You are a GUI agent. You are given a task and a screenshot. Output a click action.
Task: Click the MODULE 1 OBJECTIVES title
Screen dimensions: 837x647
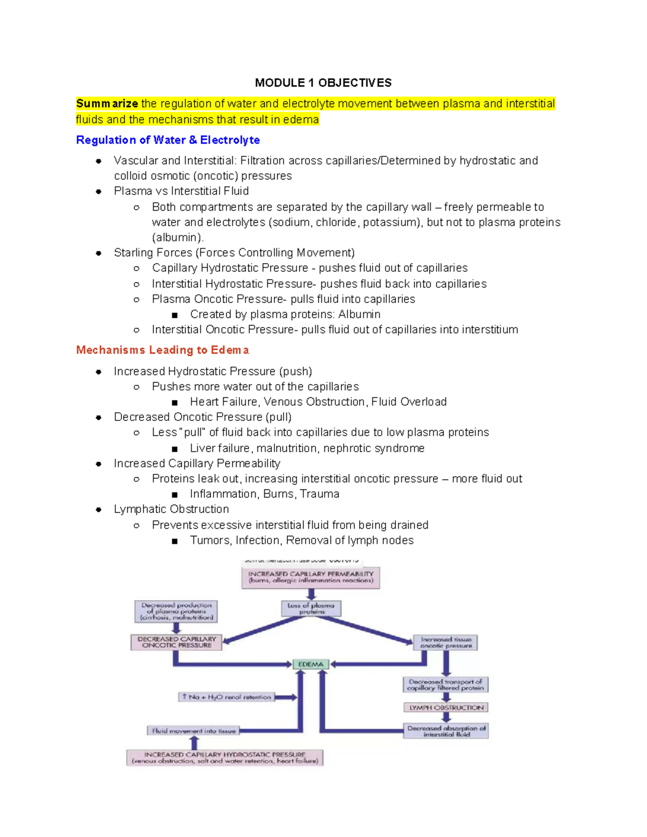coord(323,83)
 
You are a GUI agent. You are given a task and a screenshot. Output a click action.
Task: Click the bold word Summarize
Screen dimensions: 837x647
coord(107,103)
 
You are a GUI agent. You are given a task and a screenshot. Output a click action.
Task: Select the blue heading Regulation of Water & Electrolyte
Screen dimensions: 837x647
coord(168,140)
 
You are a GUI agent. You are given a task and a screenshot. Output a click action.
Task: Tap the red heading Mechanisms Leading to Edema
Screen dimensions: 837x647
coord(162,350)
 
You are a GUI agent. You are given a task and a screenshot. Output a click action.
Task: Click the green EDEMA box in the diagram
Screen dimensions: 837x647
coord(311,665)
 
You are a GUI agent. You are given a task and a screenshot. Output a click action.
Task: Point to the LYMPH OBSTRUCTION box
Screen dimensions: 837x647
coord(446,708)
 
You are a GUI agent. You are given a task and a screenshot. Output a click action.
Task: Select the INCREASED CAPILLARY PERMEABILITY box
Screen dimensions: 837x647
coord(311,577)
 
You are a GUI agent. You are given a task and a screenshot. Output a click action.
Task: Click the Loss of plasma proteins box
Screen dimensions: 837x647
coord(311,608)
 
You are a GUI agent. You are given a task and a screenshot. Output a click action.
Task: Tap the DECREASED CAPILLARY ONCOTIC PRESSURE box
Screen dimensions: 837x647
coord(176,642)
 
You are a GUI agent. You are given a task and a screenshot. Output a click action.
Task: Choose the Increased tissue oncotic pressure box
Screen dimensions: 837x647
coord(445,642)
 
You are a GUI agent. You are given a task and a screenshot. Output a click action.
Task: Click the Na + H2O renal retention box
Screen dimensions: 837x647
coord(226,697)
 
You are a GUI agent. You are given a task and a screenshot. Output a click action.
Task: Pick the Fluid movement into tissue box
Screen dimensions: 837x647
coord(194,731)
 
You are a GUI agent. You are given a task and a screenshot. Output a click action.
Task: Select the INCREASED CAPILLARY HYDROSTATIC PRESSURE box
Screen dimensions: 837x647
coord(225,758)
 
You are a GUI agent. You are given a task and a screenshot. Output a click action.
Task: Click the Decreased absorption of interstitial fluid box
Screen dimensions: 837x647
coord(446,731)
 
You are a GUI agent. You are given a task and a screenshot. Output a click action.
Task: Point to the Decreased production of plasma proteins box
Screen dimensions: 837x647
coord(176,612)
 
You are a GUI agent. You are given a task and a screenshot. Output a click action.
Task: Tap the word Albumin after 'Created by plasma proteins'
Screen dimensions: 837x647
coord(359,314)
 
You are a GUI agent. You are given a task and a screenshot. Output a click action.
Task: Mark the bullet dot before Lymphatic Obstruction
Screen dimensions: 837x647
coord(99,509)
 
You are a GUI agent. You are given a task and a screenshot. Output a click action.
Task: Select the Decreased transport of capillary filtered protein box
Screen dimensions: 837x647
coord(445,684)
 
